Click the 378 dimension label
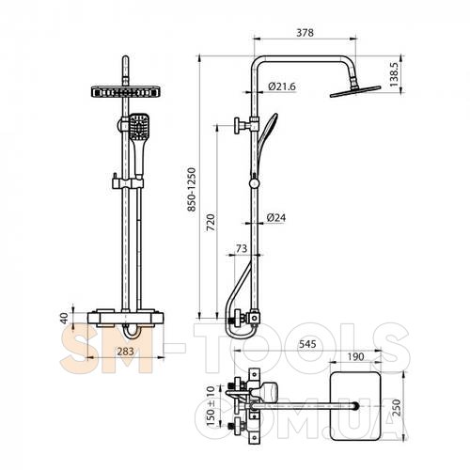[x=305, y=33]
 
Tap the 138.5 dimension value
[x=393, y=74]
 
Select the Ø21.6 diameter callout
[x=282, y=86]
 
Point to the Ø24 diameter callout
[x=276, y=217]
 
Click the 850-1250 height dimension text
[x=192, y=189]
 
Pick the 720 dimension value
[x=211, y=223]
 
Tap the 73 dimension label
[x=242, y=248]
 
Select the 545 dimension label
[x=307, y=344]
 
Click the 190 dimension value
[x=355, y=356]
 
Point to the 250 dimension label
[x=397, y=407]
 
